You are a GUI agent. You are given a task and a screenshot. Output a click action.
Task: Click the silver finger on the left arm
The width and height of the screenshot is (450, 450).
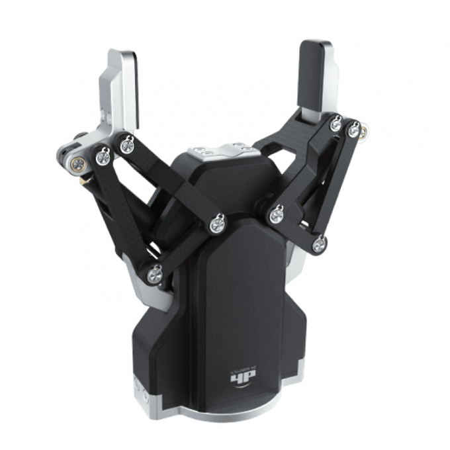pyautogui.click(x=120, y=89)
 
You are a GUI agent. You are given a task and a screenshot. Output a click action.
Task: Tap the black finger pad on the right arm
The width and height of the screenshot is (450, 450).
pyautogui.click(x=315, y=73)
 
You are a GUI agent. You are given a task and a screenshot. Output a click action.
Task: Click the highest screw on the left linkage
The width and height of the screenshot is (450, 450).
pyautogui.click(x=126, y=144)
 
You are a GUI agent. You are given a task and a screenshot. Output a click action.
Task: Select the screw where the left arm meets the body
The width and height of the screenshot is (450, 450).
pyautogui.click(x=217, y=224)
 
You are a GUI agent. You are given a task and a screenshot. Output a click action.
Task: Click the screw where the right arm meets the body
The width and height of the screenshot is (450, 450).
pyautogui.click(x=277, y=214)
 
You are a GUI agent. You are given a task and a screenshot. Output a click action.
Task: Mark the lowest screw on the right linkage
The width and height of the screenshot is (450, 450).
pyautogui.click(x=319, y=245)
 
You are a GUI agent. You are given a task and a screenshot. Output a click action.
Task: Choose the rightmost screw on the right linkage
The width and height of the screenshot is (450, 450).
pyautogui.click(x=354, y=129)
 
